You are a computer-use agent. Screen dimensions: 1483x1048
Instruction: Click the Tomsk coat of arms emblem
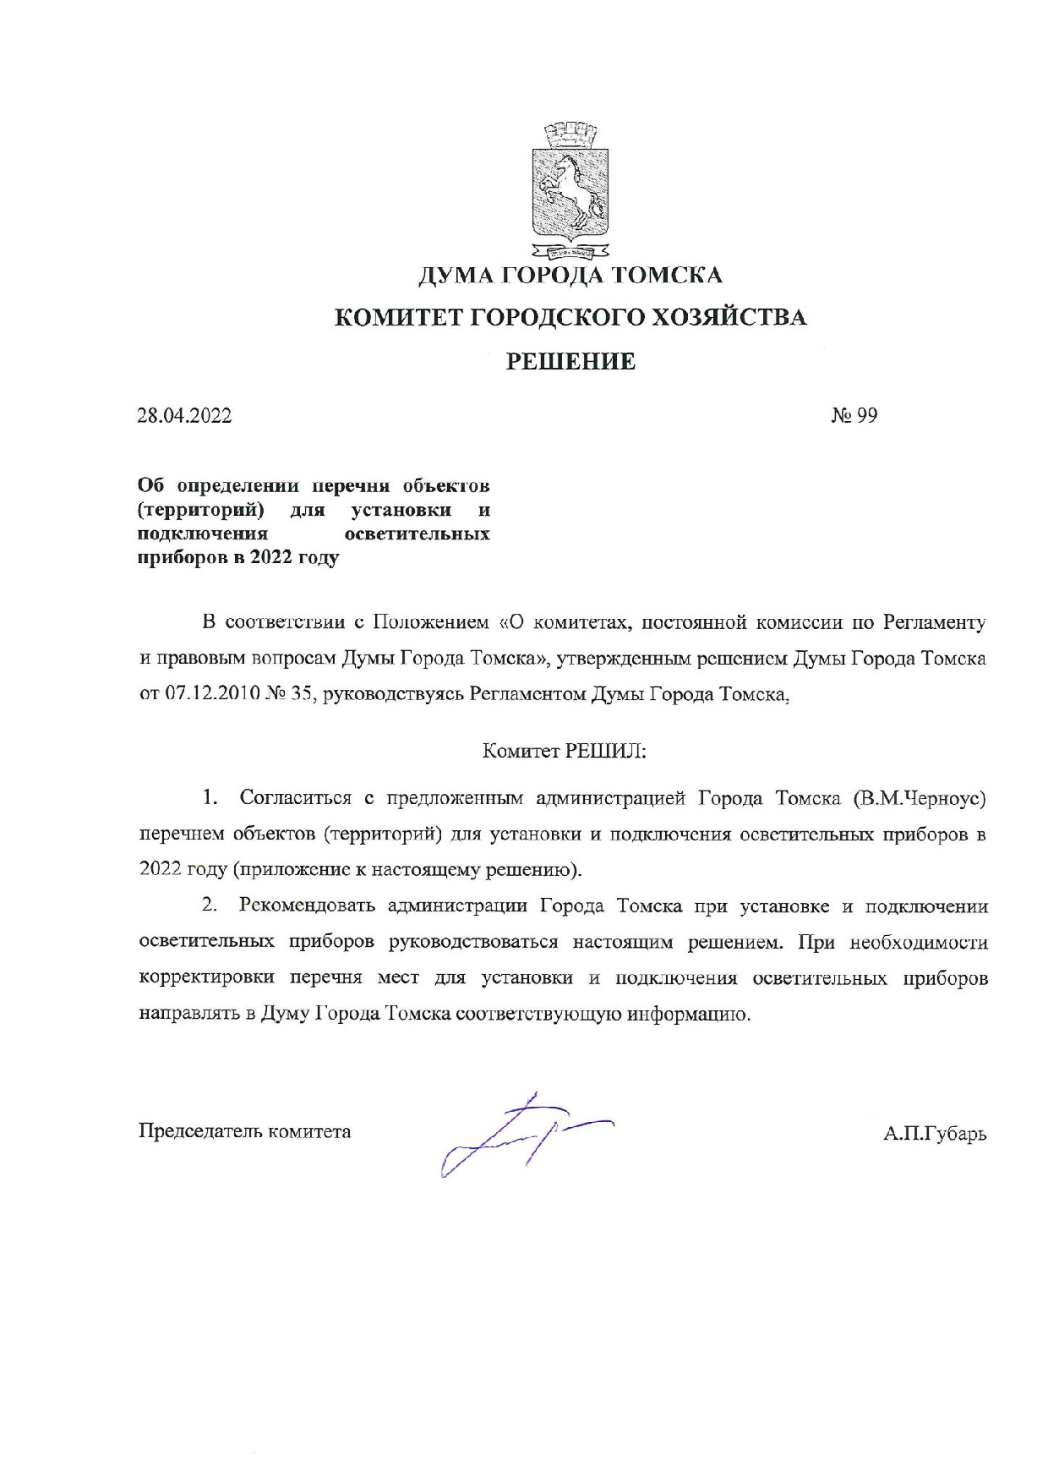click(570, 189)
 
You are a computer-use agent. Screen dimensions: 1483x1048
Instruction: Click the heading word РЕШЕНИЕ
click(570, 362)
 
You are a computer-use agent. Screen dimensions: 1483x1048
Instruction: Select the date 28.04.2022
click(185, 416)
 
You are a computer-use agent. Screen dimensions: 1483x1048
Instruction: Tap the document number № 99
click(854, 416)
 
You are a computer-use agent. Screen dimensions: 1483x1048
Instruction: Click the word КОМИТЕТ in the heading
click(397, 318)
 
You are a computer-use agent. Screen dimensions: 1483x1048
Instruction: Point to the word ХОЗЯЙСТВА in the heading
click(729, 318)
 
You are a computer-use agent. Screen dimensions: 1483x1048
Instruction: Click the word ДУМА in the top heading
click(456, 276)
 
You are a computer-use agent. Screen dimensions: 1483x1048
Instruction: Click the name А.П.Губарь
click(935, 1134)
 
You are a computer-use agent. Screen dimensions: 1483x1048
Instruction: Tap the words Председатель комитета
click(245, 1131)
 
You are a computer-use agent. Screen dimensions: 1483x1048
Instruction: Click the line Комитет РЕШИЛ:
click(564, 751)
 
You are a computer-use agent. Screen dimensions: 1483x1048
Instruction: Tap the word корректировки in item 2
click(208, 978)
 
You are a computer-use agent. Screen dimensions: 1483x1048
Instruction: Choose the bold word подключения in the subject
click(203, 534)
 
